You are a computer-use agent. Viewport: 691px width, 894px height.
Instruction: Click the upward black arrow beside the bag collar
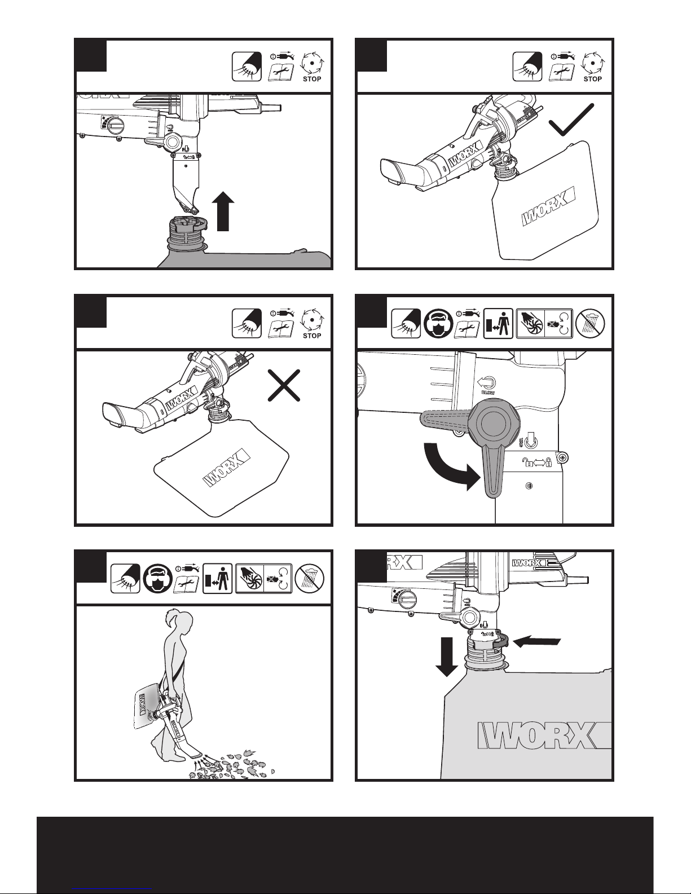click(x=224, y=212)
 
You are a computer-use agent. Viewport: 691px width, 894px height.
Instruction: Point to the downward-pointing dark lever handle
click(x=492, y=474)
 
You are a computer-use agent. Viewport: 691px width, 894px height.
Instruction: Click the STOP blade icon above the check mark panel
click(x=592, y=67)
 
